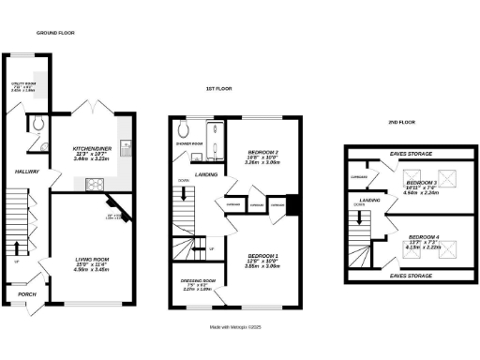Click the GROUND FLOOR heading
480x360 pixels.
[x=55, y=33]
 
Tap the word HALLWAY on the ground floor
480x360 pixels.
[x=25, y=172]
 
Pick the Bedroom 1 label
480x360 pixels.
[x=262, y=256]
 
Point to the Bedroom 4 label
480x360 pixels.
[x=422, y=237]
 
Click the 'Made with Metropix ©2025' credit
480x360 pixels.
[x=241, y=327]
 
